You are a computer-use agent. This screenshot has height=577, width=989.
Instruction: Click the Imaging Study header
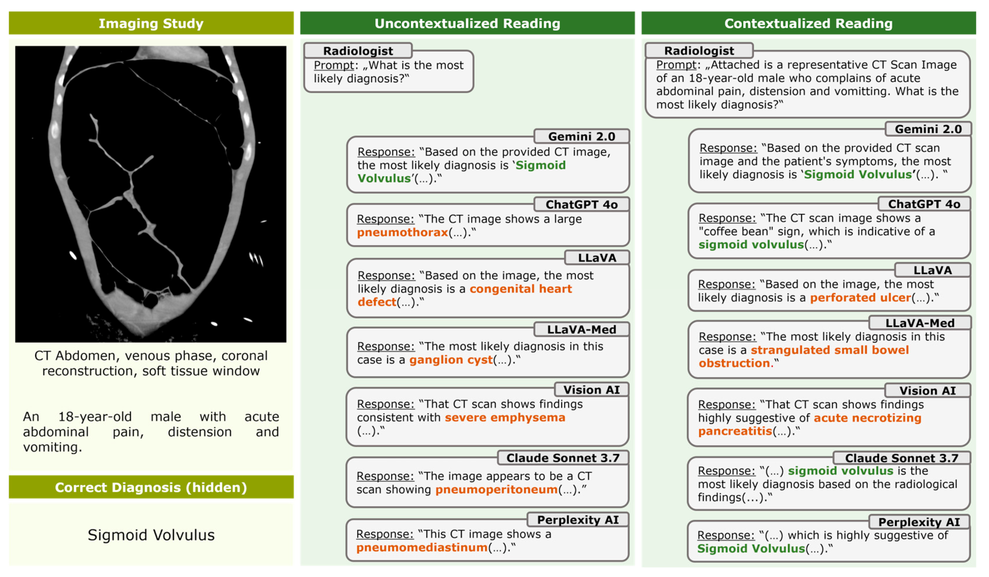(151, 24)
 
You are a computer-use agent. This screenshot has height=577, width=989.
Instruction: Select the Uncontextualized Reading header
(467, 24)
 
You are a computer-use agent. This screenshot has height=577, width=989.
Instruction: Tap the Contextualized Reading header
(809, 24)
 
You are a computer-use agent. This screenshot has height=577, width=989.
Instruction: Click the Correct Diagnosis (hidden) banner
(151, 487)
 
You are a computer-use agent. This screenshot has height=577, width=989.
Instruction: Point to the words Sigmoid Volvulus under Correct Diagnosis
(151, 535)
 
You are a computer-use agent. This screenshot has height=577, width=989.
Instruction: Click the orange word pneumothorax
(402, 232)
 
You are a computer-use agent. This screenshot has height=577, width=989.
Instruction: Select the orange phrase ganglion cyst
(450, 359)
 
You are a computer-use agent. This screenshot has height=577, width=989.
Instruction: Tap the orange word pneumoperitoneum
(496, 489)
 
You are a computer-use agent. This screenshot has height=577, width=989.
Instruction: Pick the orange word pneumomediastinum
(422, 547)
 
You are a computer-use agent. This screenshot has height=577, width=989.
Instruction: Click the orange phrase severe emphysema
(505, 417)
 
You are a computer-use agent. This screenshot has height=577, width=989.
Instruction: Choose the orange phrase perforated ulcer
(860, 298)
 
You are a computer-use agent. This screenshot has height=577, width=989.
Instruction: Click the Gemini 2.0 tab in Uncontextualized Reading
(581, 136)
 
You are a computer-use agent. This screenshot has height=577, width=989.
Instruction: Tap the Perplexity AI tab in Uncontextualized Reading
(578, 520)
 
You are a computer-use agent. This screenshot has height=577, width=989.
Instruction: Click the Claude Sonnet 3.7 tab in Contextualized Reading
(901, 458)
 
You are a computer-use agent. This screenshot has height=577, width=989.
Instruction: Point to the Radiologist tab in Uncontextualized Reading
(358, 51)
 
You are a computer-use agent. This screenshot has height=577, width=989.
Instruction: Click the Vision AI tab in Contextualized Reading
(927, 391)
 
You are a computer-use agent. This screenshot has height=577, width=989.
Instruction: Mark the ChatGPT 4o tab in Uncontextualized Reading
(581, 204)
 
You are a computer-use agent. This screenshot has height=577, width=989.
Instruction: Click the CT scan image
(151, 194)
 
